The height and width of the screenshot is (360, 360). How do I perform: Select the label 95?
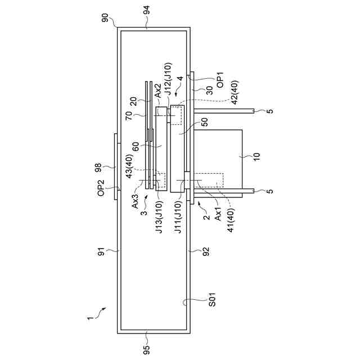point(147,350)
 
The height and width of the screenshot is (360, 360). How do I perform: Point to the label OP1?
point(220,77)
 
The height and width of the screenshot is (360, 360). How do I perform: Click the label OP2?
point(101,187)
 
